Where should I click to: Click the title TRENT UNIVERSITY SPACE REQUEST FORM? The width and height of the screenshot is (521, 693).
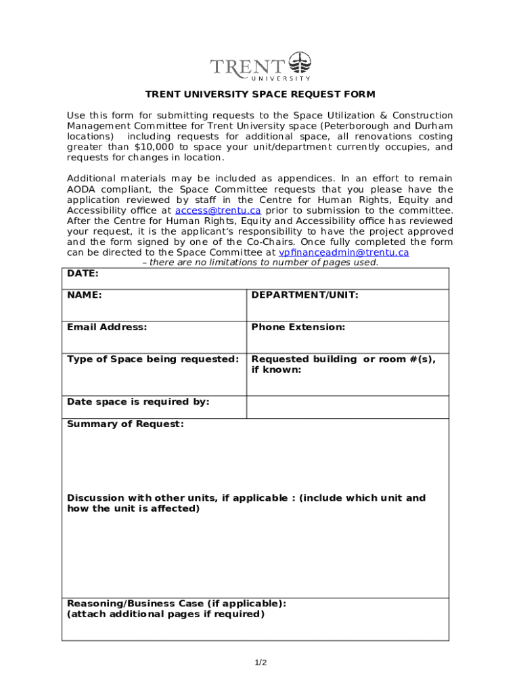(260, 94)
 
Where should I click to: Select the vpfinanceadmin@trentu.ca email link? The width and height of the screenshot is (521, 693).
(344, 252)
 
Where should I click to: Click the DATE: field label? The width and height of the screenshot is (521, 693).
(83, 273)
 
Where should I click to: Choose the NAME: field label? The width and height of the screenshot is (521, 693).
(85, 295)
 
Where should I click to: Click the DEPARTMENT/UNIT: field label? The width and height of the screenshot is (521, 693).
(304, 295)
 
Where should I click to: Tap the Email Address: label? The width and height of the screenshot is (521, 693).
(107, 327)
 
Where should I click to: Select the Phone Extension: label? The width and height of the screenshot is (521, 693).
(298, 327)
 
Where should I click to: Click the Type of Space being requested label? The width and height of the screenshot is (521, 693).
(153, 359)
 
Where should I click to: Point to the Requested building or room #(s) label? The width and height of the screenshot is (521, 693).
(343, 359)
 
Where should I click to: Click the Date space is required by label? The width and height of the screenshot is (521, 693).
(138, 401)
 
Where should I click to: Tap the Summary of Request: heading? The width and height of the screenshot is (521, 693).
(125, 424)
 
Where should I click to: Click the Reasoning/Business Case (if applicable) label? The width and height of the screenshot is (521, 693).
(176, 603)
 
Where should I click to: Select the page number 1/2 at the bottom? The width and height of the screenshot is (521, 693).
(260, 663)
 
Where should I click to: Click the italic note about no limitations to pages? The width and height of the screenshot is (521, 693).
(260, 263)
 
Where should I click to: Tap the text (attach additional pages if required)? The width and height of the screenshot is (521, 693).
(166, 614)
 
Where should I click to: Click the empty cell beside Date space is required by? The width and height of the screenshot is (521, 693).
(347, 407)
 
